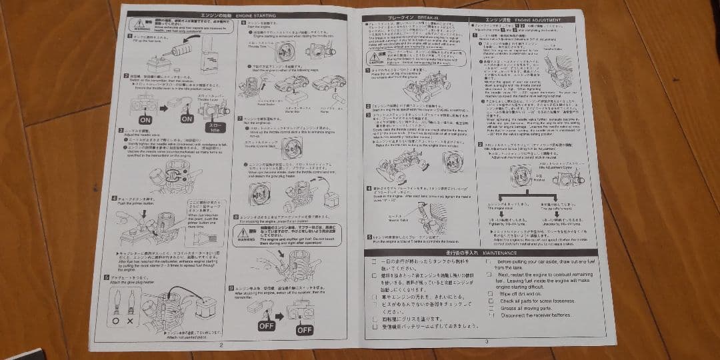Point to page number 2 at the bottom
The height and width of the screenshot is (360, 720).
[x=221, y=345]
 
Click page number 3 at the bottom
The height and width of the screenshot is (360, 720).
[x=487, y=341]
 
